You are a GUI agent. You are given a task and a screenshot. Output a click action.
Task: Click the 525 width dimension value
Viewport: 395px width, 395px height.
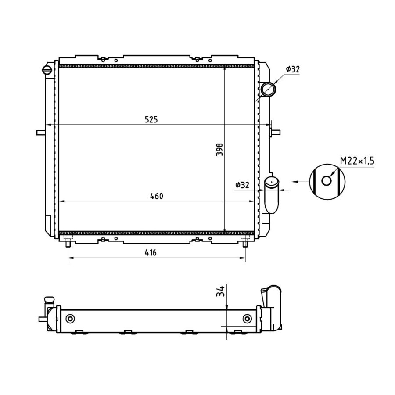click(151, 119)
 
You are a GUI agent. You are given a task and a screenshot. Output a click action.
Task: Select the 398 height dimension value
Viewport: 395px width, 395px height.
click(219, 149)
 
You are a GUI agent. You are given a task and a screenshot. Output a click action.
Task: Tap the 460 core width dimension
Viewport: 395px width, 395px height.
click(156, 196)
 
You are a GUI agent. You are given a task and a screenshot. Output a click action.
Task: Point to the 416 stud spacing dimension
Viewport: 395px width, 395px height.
click(151, 252)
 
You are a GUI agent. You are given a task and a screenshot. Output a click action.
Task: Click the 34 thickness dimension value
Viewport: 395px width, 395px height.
click(220, 291)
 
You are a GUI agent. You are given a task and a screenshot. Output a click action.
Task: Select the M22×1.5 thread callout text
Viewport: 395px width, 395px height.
click(357, 161)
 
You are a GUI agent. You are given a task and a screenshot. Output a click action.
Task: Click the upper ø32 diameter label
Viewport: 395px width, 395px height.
click(293, 69)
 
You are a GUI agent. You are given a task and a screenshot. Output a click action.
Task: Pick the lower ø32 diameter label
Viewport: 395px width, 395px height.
click(242, 185)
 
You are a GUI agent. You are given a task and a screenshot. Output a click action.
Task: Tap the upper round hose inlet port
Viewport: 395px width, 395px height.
click(268, 89)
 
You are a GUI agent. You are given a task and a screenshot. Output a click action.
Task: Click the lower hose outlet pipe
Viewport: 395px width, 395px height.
click(272, 195)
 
